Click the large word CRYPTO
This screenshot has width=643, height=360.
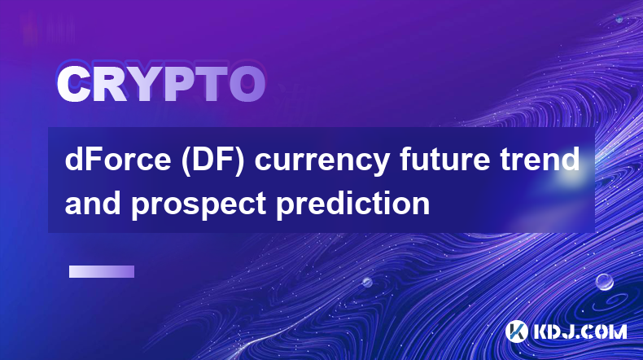click(161, 85)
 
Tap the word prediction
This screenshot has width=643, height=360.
click(353, 204)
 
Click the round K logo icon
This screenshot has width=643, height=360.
click(516, 331)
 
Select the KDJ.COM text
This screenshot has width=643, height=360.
click(580, 331)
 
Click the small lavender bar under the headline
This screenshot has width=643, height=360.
click(102, 272)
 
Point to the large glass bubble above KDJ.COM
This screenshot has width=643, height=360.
click(605, 282)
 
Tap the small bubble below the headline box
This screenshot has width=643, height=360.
click(367, 282)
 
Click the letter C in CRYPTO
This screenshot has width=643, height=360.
click(74, 85)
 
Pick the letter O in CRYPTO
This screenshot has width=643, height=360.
click(247, 85)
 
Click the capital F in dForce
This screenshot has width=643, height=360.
click(93, 159)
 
